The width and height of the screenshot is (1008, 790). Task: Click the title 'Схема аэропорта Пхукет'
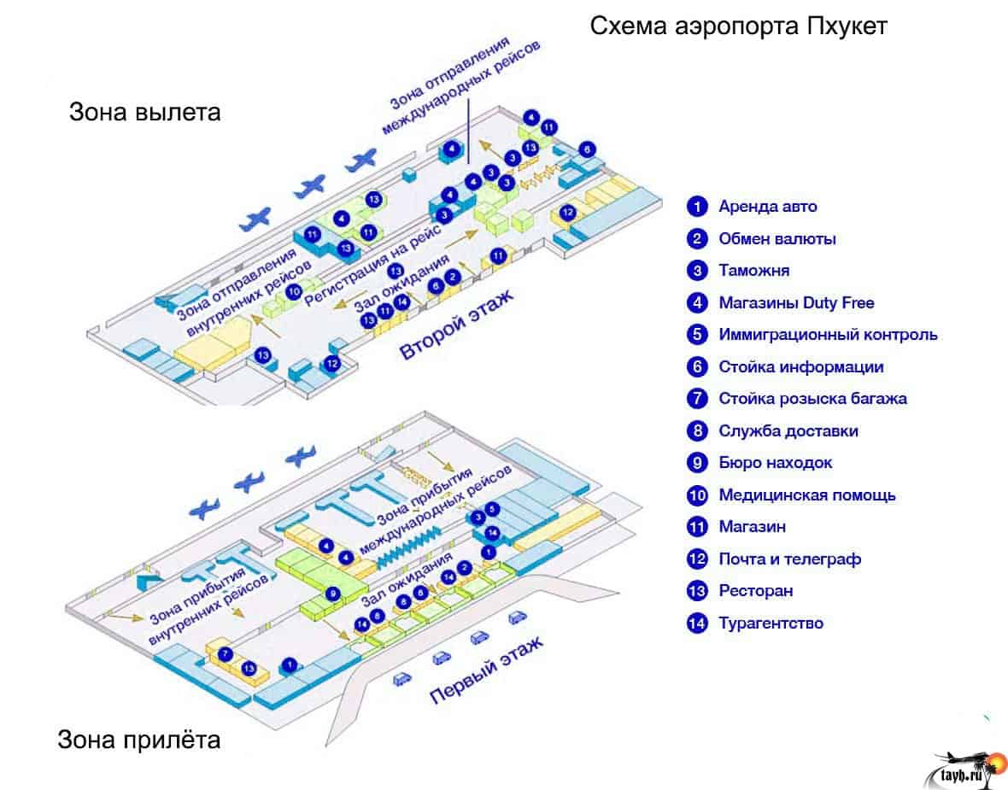click(739, 26)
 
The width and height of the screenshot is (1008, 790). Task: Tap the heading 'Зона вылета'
click(144, 112)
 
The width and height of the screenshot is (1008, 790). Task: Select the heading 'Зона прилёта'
click(138, 738)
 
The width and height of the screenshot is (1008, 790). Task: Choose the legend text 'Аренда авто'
click(767, 207)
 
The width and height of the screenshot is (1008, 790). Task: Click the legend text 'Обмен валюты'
click(777, 238)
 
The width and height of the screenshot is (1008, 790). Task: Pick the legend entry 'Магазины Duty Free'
click(796, 302)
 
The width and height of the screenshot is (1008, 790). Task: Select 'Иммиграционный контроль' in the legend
click(828, 335)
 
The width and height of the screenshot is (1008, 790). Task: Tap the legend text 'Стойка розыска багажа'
click(812, 399)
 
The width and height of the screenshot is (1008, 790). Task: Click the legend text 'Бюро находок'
click(775, 463)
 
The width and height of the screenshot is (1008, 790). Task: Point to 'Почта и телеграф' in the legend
click(789, 559)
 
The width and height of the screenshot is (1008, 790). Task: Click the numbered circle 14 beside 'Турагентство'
click(698, 623)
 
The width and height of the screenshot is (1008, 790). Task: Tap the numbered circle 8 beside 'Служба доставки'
click(698, 431)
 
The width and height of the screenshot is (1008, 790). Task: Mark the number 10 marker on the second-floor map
click(294, 290)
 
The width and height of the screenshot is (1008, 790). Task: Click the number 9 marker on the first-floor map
click(333, 593)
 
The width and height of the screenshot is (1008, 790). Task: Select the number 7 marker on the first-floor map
click(225, 654)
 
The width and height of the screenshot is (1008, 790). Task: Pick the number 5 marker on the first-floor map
click(492, 510)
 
